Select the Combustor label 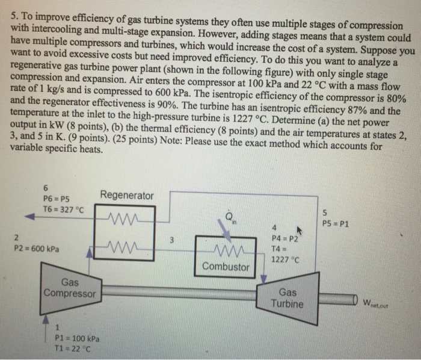(226, 266)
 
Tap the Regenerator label (126, 195)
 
